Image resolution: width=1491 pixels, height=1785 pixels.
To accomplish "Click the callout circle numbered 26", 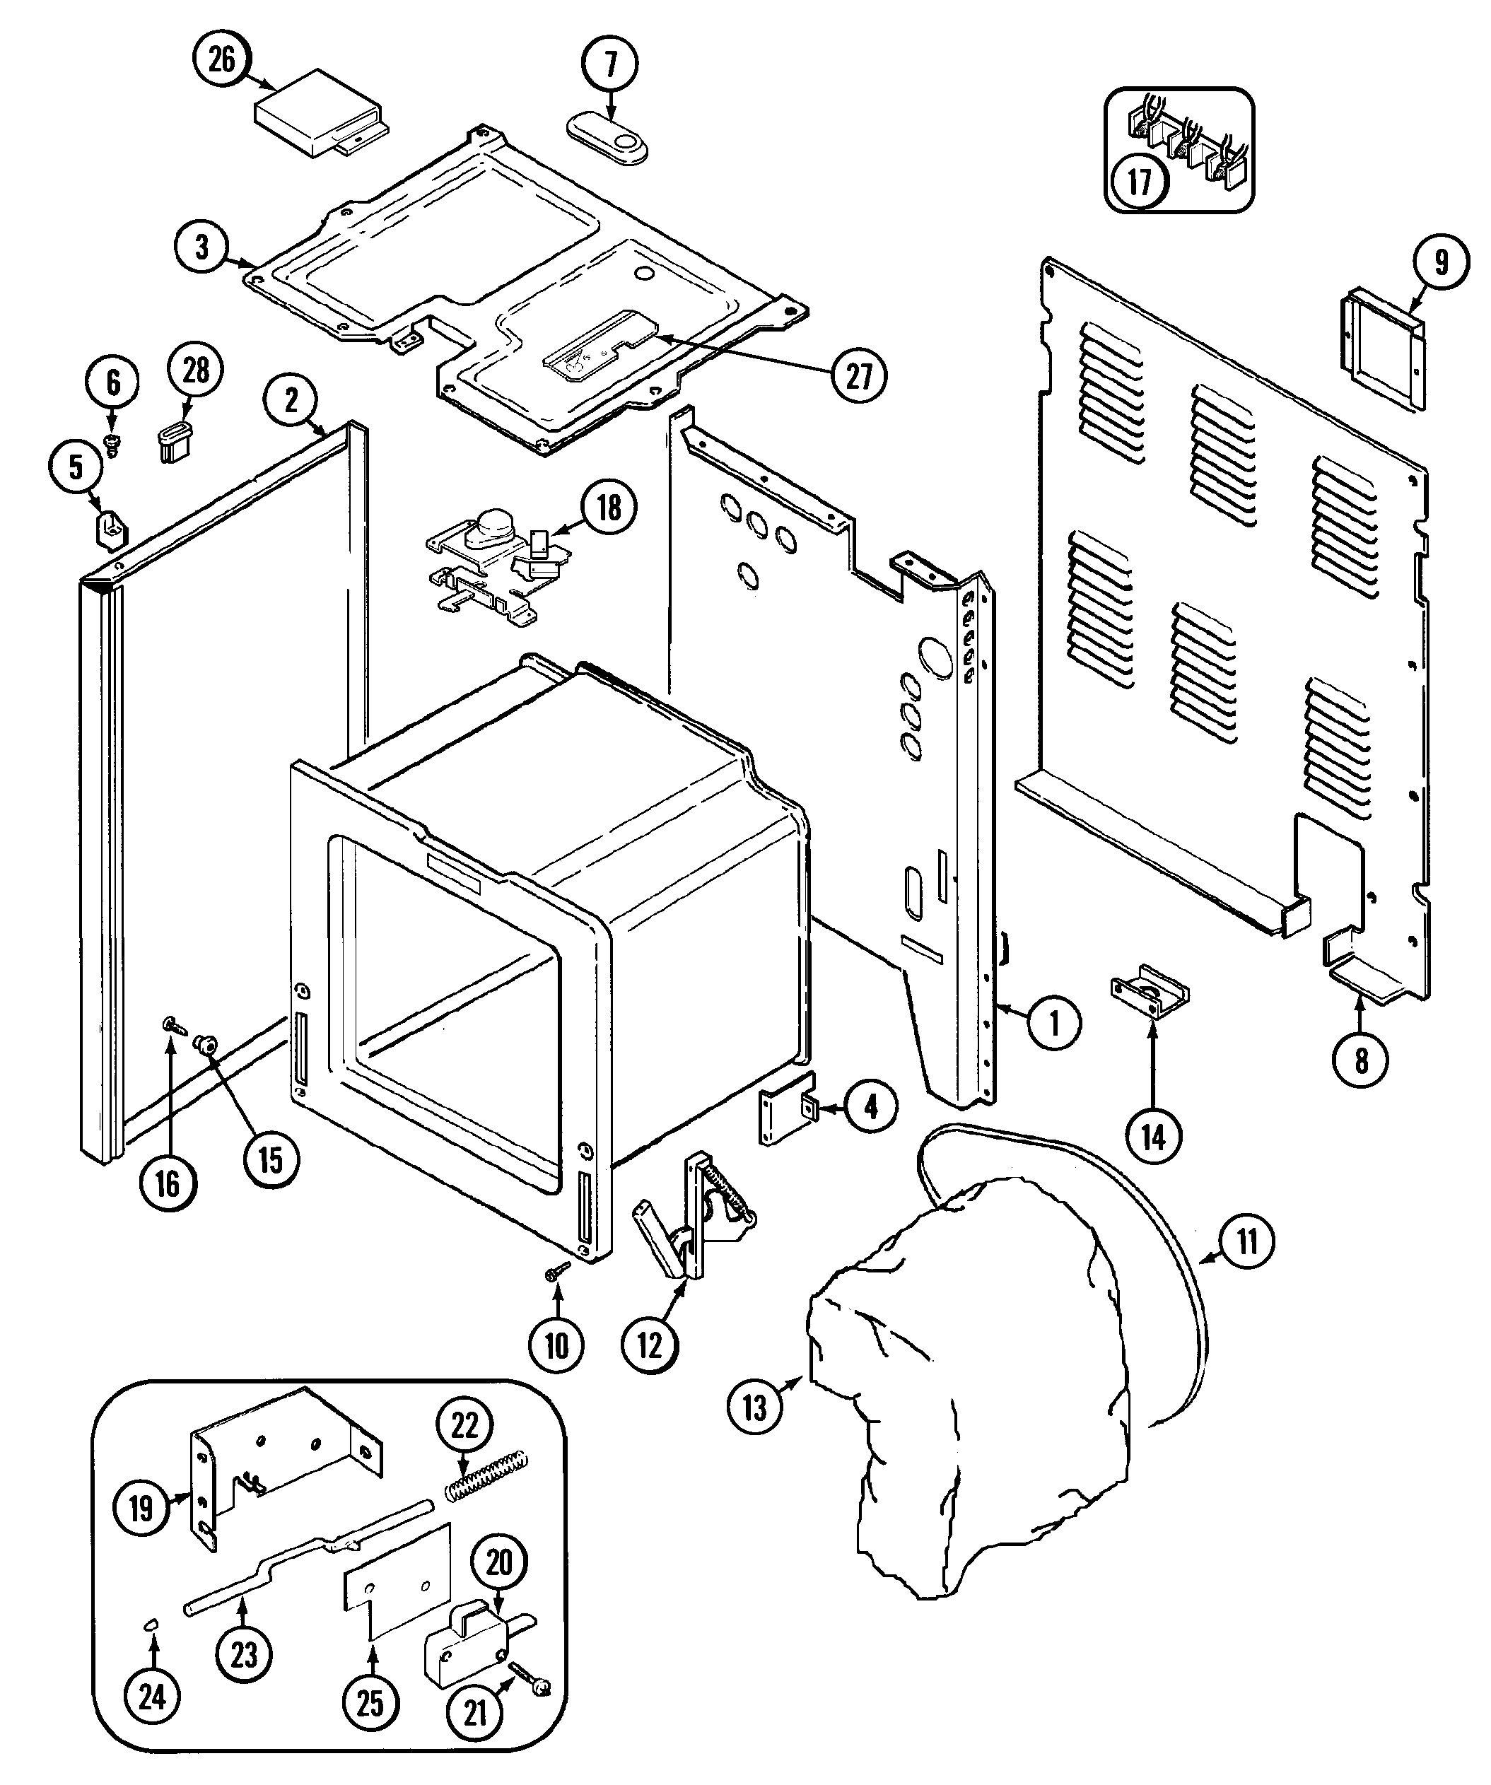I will click(x=221, y=62).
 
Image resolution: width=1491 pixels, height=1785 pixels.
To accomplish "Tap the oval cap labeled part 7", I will click(x=607, y=139).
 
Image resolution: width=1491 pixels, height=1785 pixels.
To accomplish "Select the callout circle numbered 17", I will click(x=1139, y=180).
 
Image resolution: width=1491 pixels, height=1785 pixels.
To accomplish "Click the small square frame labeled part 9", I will click(x=1382, y=349).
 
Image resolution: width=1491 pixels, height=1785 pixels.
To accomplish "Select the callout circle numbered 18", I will click(x=609, y=508).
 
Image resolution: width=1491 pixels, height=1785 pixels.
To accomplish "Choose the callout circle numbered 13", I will click(x=755, y=1407).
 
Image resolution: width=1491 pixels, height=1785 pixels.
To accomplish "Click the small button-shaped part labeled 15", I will click(x=206, y=1044).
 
